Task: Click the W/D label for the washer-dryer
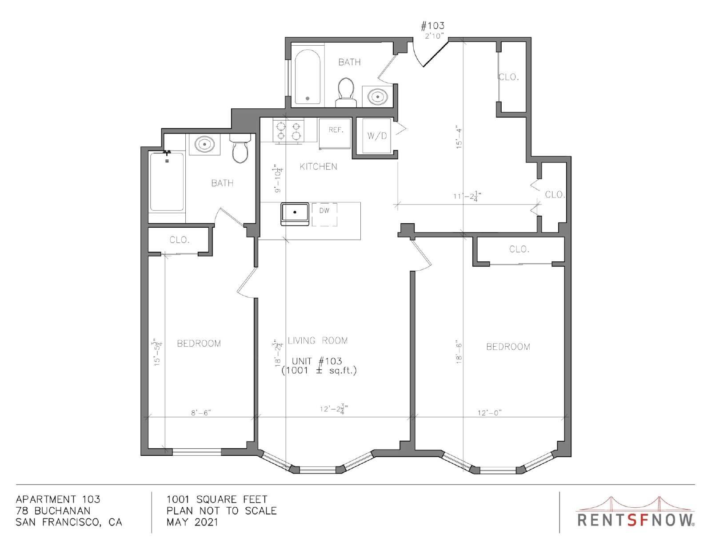tap(377, 136)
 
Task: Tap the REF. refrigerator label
tap(336, 130)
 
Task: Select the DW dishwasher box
tap(324, 214)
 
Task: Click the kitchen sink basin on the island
tap(295, 214)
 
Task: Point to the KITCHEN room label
tap(318, 167)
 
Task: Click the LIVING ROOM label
tap(318, 341)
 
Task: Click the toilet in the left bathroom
tap(240, 149)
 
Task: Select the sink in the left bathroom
tap(204, 144)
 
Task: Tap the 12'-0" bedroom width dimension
tap(490, 413)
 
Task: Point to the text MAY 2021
tap(192, 522)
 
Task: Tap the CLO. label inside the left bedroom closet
tap(180, 240)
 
